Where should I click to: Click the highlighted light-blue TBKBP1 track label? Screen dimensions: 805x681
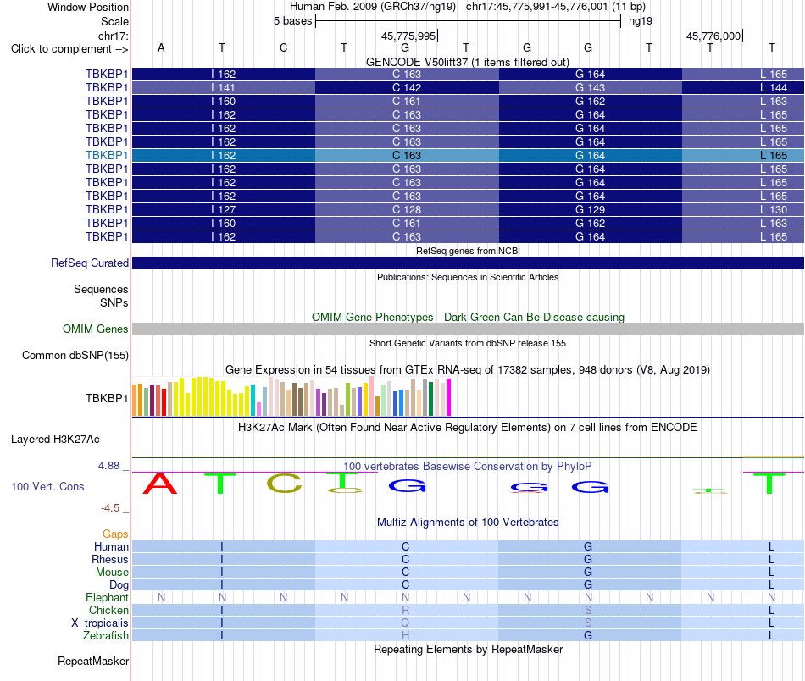106,156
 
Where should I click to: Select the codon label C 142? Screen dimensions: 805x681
406,88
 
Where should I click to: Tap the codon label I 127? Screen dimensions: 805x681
224,210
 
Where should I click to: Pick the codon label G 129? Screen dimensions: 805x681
590,210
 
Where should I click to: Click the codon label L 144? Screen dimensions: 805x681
774,88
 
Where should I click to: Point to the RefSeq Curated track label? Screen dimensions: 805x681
90,263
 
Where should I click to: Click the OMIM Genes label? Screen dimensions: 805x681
96,329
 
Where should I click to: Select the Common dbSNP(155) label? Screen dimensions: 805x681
75,355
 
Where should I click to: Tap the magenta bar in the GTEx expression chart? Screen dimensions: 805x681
448,397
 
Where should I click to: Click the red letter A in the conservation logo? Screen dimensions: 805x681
159,484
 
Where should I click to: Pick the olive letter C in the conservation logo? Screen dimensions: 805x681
284,484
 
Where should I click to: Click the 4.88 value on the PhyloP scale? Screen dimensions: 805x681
108,466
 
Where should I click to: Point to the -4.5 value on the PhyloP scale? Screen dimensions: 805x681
110,508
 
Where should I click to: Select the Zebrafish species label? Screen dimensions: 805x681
106,635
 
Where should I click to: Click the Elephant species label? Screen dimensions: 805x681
107,597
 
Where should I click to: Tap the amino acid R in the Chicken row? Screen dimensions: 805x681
406,610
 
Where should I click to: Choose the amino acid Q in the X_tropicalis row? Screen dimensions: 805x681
406,623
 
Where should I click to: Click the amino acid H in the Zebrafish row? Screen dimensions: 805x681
406,635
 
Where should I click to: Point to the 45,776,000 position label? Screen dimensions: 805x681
713,36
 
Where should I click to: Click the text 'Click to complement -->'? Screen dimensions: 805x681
69,49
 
